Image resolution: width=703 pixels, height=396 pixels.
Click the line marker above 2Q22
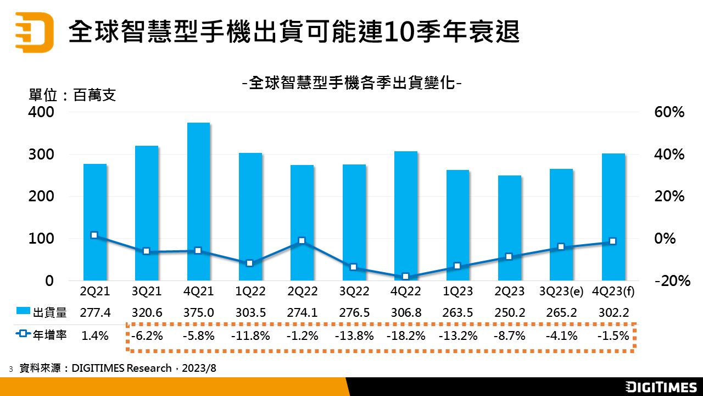tap(302, 241)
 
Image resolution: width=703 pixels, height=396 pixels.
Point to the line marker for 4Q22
tap(405, 277)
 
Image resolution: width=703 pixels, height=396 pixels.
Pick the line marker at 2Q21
tap(94, 235)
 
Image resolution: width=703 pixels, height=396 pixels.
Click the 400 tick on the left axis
tap(42, 112)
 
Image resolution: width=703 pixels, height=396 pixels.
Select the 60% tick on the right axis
tap(669, 112)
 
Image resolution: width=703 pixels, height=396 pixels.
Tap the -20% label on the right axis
tap(672, 281)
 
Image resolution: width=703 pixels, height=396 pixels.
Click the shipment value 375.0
tap(198, 313)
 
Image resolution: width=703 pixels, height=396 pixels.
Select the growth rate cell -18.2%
tap(405, 335)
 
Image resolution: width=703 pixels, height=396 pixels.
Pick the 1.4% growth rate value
tap(94, 335)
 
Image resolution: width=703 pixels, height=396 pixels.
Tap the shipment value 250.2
tap(510, 313)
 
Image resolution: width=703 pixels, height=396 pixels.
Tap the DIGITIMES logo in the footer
tap(661, 387)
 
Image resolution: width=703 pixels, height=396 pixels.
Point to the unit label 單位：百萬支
tap(72, 95)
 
